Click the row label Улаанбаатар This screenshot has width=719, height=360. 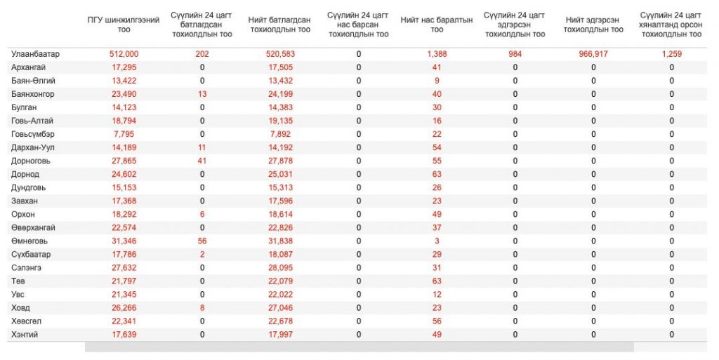[x=35, y=54]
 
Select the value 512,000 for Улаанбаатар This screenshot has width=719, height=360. [x=124, y=54]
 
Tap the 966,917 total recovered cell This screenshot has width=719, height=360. [x=593, y=54]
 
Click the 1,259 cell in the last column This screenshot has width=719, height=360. [x=672, y=54]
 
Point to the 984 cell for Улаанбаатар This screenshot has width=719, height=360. [x=515, y=54]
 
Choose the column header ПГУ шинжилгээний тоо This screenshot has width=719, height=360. [x=124, y=25]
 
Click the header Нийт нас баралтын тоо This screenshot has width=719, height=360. [x=437, y=25]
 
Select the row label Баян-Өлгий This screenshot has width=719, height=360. [x=34, y=81]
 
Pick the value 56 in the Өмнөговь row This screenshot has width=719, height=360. [x=202, y=241]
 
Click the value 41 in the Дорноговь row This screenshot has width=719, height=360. [x=202, y=161]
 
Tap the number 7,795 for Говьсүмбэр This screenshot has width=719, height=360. [x=124, y=134]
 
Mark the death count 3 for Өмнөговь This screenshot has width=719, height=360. [x=437, y=241]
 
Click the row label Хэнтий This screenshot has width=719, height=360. [x=25, y=334]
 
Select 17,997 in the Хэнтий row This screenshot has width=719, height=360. [x=281, y=334]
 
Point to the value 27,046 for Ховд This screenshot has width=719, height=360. [x=281, y=308]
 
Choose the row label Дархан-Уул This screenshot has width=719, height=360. [x=33, y=147]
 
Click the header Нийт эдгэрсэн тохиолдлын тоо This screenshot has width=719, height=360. [x=593, y=25]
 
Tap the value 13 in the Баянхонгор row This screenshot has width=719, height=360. [x=202, y=94]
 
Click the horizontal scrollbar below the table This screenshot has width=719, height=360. [x=359, y=347]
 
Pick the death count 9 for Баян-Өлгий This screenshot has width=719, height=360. [x=437, y=81]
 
